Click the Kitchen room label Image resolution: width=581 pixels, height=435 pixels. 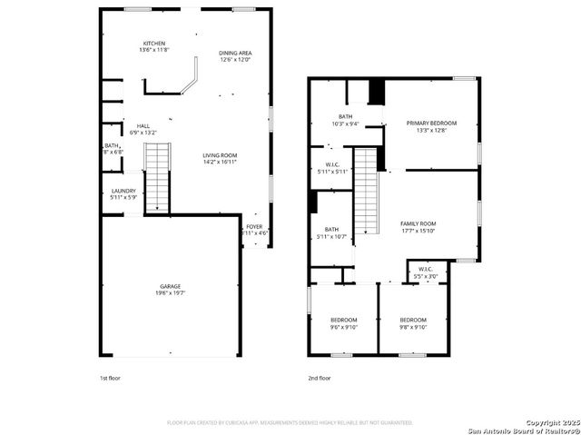(x=153, y=44)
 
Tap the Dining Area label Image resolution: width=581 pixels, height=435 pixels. (x=235, y=54)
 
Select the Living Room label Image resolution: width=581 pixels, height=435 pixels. (x=220, y=156)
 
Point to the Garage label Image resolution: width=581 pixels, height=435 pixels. (x=171, y=287)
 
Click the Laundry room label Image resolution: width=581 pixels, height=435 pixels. (x=123, y=191)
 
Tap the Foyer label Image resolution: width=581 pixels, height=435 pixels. (x=254, y=227)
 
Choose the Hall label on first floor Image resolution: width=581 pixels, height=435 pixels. (x=143, y=126)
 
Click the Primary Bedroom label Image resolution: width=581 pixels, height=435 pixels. (x=431, y=124)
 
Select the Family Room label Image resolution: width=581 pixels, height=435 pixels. (x=419, y=223)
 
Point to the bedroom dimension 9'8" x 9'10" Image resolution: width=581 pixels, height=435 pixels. (x=413, y=327)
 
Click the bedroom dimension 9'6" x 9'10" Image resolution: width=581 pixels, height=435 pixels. (x=343, y=327)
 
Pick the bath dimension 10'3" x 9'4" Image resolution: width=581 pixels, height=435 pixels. (x=345, y=124)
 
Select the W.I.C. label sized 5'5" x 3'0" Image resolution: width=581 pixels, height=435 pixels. (x=426, y=272)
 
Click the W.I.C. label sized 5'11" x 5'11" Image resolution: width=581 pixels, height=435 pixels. (x=326, y=167)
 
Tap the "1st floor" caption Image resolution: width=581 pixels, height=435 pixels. (x=111, y=377)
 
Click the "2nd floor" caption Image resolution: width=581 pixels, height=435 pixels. (x=319, y=377)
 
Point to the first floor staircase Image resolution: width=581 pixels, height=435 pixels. (x=158, y=177)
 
